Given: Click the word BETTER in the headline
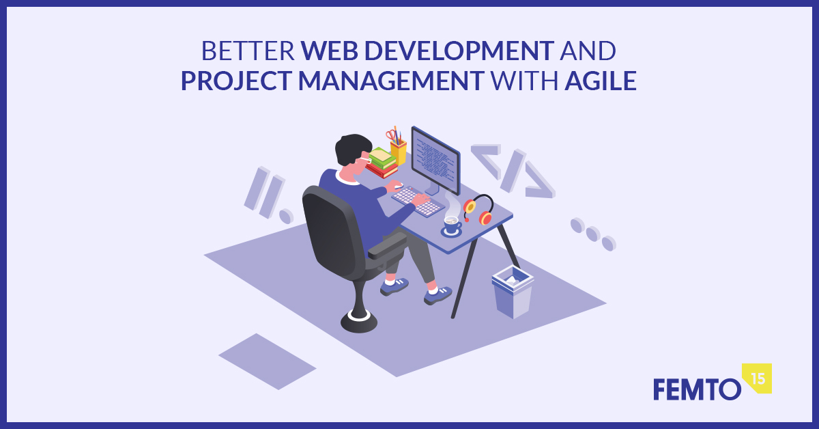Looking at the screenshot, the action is [248, 51].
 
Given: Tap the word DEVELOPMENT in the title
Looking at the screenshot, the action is [459, 51].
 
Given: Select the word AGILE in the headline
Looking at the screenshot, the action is [601, 81].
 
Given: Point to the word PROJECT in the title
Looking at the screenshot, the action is [236, 81].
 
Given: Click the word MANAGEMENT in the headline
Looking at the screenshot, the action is [392, 81].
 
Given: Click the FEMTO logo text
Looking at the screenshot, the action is [698, 389].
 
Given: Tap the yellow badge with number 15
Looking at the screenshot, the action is [758, 378].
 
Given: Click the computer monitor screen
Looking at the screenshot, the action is [435, 161].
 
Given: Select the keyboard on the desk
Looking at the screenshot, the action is [418, 202].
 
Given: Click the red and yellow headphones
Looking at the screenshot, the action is [479, 209].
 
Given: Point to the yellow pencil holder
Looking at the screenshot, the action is [398, 152].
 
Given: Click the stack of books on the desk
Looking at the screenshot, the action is [382, 163].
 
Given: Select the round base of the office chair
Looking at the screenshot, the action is [359, 321].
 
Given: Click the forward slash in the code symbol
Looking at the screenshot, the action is [513, 171].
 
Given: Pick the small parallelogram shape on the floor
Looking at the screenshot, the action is [268, 361].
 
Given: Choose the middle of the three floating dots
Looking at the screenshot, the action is [593, 234].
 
